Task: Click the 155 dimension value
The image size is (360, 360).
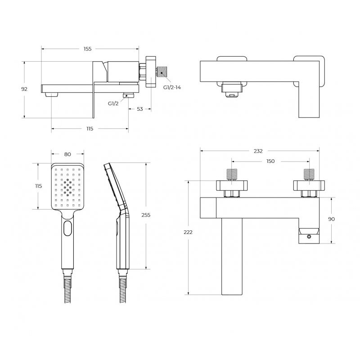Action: tap(87, 49)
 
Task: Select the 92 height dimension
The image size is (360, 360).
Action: tap(24, 89)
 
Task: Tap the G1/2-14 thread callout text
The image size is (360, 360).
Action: tap(172, 87)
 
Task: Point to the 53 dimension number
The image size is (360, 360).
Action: tap(140, 109)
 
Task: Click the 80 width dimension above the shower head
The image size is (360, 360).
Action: tap(67, 154)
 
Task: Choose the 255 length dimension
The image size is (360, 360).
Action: tap(146, 215)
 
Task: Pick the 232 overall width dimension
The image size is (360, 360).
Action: tap(258, 151)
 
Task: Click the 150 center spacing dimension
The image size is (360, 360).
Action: tap(270, 161)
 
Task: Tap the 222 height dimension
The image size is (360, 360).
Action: tap(188, 232)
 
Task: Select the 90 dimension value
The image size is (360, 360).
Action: tap(331, 219)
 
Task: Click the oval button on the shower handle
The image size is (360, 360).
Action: tap(68, 228)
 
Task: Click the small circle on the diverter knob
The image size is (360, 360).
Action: tap(309, 237)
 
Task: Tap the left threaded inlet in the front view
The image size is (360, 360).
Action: tap(232, 175)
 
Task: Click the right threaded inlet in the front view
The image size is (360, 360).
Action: tap(309, 175)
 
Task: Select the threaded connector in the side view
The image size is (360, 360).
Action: tap(162, 72)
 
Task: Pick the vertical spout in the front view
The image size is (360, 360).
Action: tap(232, 256)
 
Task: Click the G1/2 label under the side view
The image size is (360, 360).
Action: tap(113, 103)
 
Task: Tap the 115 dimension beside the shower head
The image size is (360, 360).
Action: tap(39, 186)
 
